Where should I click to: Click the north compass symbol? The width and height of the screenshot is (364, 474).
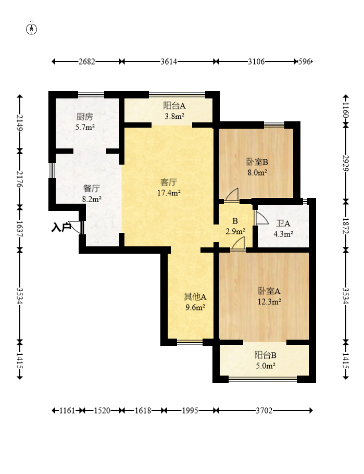[31, 29]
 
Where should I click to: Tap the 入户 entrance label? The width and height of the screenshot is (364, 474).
[61, 227]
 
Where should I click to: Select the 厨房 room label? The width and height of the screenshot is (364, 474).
[85, 117]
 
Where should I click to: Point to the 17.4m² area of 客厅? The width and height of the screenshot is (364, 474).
[169, 193]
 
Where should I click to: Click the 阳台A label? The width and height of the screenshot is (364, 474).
[174, 106]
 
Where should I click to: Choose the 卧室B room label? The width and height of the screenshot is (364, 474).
[257, 162]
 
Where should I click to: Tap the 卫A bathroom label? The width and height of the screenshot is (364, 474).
[283, 223]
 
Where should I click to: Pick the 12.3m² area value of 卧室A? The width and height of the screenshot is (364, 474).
[269, 302]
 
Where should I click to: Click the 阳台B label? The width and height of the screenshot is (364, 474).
[266, 355]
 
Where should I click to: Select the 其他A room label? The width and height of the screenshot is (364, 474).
[195, 297]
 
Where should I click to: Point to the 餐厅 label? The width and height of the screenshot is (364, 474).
[92, 189]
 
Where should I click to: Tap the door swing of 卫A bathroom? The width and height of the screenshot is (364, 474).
[261, 218]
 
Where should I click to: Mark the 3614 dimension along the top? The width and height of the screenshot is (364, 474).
[169, 61]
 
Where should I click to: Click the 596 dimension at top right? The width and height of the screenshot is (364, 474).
[305, 61]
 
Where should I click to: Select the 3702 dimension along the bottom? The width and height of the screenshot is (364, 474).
[264, 410]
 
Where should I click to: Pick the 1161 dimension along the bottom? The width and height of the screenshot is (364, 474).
[67, 410]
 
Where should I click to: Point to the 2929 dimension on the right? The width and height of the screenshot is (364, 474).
[346, 163]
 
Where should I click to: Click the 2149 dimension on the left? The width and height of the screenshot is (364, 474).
[20, 123]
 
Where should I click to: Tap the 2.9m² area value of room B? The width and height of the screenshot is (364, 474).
[235, 232]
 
